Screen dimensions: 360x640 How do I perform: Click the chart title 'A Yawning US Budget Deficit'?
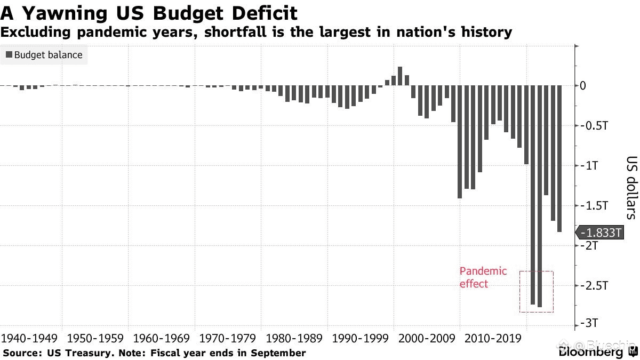149,12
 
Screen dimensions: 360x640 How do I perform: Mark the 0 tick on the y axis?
583,86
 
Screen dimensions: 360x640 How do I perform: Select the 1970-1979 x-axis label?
228,338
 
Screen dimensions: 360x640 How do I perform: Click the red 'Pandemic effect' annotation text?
483,277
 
